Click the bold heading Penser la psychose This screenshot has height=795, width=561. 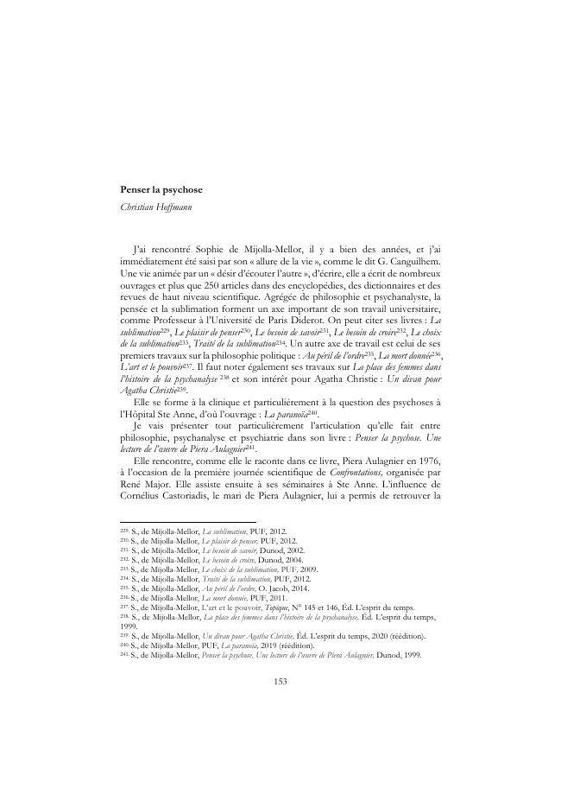pos(161,189)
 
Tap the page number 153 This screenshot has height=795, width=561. pos(280,681)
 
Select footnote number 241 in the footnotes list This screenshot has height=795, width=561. pos(124,654)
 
